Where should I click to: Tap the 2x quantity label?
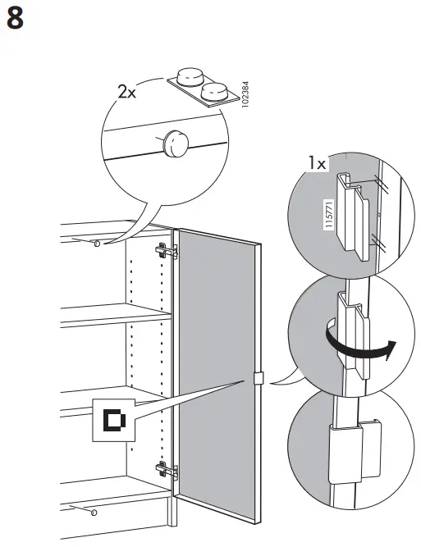click(x=127, y=92)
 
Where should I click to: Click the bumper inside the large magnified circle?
click(x=175, y=144)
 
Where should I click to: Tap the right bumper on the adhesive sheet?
click(x=215, y=89)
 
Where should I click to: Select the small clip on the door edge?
click(x=257, y=379)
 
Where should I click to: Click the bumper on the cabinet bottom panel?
click(x=93, y=513)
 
